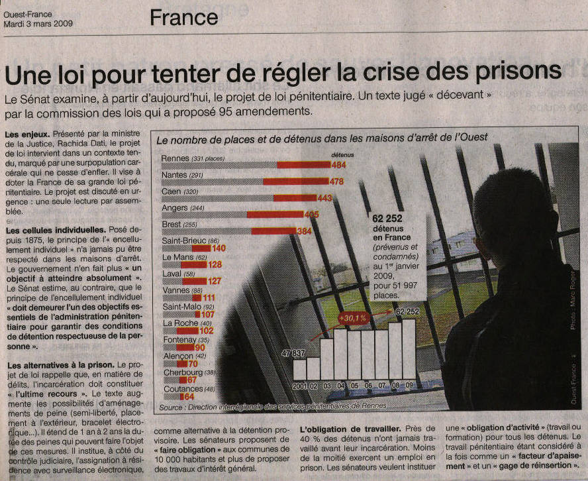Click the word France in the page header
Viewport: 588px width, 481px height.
(183, 17)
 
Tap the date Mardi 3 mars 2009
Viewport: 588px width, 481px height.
(38, 24)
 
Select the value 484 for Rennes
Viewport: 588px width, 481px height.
(339, 165)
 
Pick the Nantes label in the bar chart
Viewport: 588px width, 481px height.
(174, 175)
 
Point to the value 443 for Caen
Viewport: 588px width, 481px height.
(324, 198)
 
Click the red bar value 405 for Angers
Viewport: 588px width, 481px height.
(311, 215)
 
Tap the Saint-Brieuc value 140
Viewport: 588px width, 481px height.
(219, 248)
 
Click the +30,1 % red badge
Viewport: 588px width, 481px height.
(352, 319)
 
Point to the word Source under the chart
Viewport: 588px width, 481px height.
(171, 407)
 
